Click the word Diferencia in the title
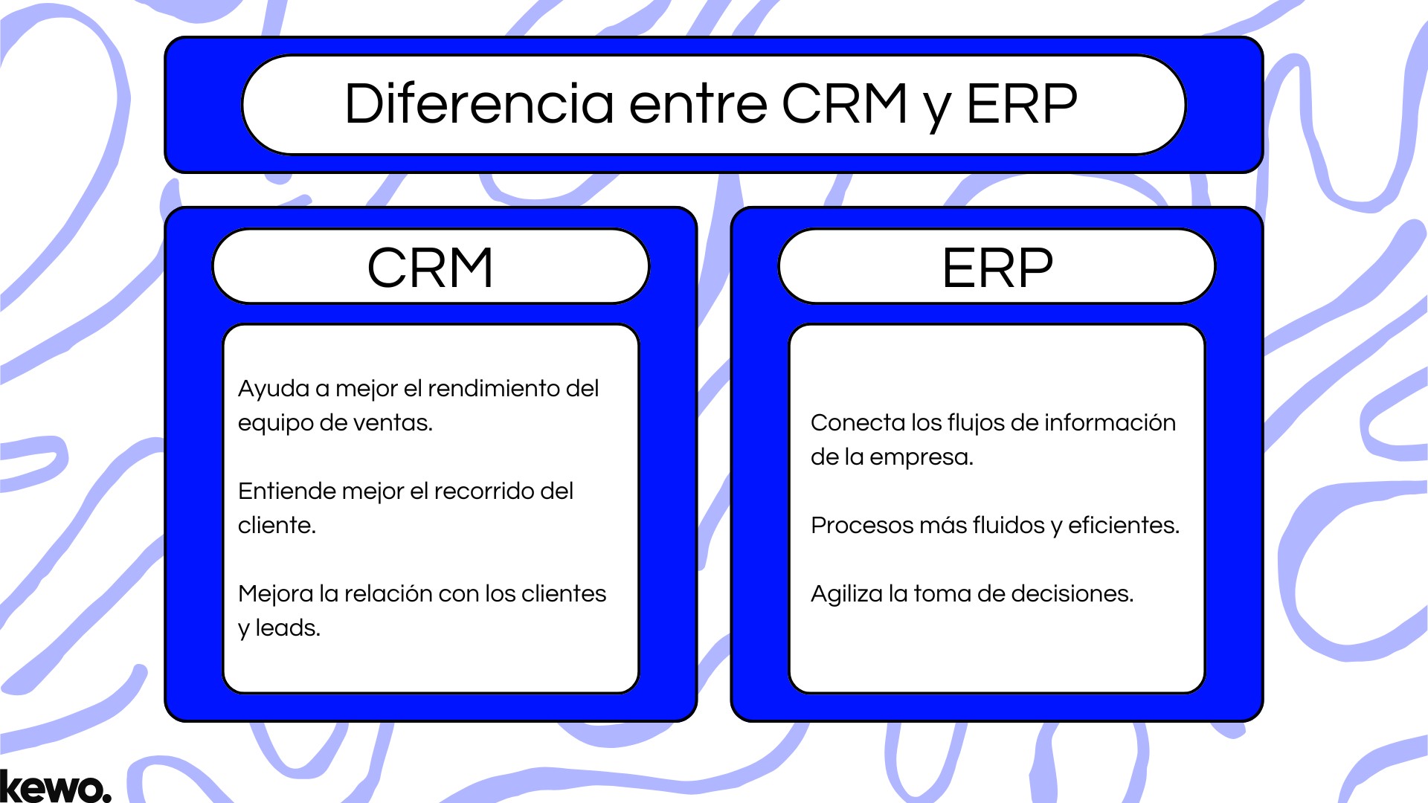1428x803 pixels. pos(479,104)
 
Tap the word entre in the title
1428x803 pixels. pos(698,104)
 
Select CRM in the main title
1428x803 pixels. pos(844,104)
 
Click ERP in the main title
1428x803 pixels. pos(1021,104)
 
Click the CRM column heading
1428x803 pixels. pos(431,268)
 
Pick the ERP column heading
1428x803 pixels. pos(997,268)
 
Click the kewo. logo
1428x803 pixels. pos(55,787)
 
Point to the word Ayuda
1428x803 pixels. pos(273,389)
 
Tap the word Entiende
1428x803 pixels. pos(284,491)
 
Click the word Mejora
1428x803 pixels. pos(275,594)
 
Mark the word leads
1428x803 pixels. pos(288,628)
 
